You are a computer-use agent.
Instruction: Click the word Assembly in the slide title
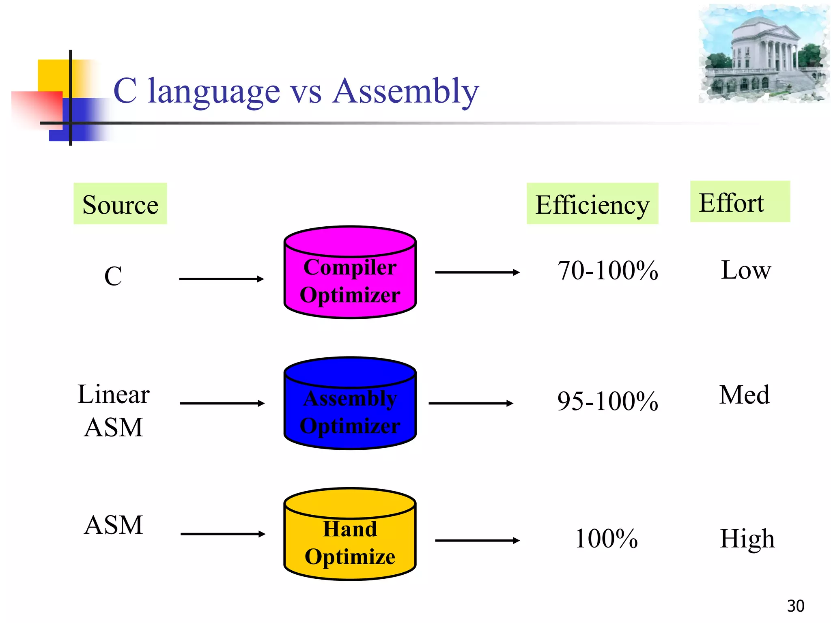coord(405,92)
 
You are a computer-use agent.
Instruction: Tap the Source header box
coord(120,204)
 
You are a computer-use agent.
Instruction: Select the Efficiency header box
coord(592,204)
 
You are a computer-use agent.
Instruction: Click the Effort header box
coord(740,202)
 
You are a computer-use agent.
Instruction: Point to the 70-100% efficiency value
coord(607,271)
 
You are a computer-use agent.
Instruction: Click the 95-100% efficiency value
coord(607,401)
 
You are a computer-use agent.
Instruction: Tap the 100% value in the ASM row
coord(606,539)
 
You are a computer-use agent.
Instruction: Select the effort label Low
coord(745,270)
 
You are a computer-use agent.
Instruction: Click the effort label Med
coord(744,395)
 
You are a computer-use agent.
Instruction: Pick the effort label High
coord(747,539)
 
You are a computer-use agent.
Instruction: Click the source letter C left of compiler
coord(113,276)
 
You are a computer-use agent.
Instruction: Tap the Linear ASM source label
coord(114,410)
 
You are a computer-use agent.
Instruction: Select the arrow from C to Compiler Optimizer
coord(221,279)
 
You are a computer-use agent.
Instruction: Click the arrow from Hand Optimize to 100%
coord(477,540)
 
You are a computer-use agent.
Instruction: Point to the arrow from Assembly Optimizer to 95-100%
coord(471,403)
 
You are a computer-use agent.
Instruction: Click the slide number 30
coord(795,606)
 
